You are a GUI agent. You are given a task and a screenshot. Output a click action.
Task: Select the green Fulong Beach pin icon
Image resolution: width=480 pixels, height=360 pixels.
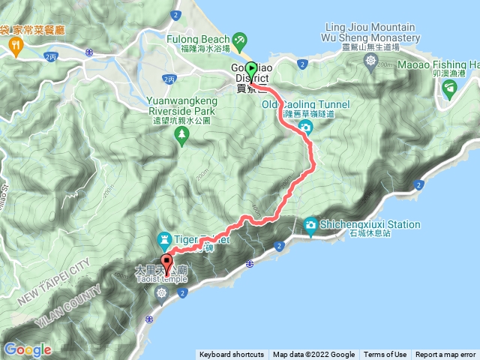[x=239, y=39]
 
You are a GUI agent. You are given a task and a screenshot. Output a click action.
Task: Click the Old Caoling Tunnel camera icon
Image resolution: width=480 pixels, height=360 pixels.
[x=306, y=128]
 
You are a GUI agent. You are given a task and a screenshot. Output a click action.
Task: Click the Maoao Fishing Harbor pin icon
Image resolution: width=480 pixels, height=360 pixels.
[x=448, y=90]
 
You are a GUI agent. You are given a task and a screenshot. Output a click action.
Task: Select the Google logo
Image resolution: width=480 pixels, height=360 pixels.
[x=28, y=349]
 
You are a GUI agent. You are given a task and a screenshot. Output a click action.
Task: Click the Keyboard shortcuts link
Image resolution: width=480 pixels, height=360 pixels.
[x=231, y=355]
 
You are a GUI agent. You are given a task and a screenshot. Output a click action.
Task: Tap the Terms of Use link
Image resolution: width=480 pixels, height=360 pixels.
[x=385, y=355]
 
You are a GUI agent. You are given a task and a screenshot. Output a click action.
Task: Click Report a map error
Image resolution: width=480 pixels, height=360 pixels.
[x=446, y=355]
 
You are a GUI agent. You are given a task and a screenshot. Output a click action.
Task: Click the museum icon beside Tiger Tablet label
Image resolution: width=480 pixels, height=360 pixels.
[x=164, y=239]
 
